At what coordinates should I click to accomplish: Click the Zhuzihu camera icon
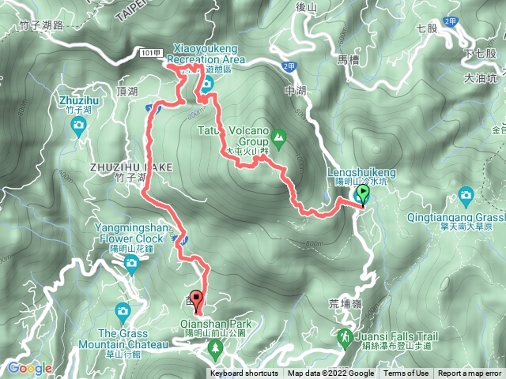point(78,124)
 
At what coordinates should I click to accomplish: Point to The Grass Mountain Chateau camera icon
point(122,310)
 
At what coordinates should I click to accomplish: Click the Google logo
point(29,368)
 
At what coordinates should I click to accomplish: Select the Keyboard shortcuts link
point(244,373)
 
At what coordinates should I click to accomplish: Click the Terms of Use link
point(407,373)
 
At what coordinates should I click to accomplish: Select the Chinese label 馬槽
point(348,59)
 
